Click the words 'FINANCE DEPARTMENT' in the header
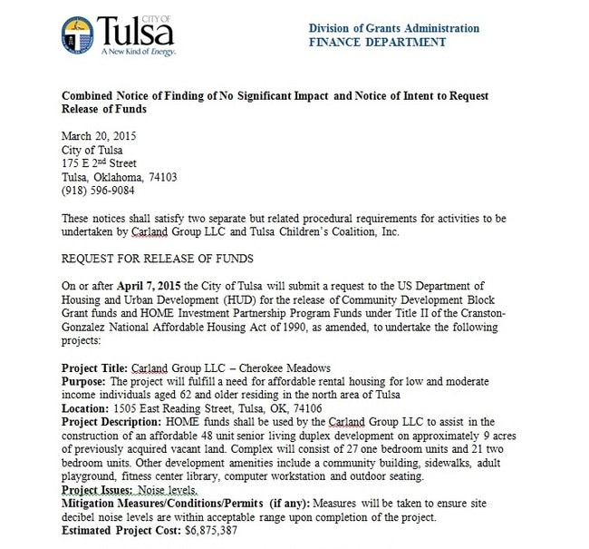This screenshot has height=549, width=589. (x=377, y=41)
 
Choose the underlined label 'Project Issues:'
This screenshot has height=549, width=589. (x=98, y=487)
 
